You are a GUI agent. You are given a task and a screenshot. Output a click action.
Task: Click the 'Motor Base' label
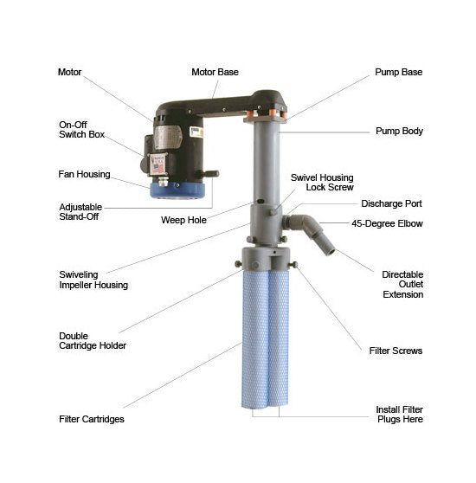point(215,72)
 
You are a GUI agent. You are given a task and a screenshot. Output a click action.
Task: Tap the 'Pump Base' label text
point(398,72)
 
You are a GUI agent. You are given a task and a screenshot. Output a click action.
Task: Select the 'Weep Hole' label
point(183,220)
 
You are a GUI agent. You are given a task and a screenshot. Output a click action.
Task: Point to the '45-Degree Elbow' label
point(387,223)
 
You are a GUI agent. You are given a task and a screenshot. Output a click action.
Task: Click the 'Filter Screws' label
point(396,351)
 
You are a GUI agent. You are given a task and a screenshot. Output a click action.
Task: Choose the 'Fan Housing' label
point(84,174)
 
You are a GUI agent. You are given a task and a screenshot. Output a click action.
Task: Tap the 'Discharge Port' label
point(391,203)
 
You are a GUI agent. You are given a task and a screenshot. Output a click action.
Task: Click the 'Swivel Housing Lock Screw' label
point(322,183)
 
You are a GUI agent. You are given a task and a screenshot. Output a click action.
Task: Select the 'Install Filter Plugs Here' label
point(399,415)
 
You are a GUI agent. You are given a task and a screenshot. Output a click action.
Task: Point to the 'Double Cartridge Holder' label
point(93,341)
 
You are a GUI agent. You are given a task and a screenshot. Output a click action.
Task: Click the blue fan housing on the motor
point(177,191)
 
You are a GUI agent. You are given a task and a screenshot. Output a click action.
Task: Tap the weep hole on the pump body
point(261,201)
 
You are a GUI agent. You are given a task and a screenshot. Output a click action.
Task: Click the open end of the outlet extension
point(331,252)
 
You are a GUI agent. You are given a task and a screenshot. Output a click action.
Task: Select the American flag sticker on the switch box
point(158,168)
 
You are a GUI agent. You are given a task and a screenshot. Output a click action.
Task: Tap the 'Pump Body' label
point(399,132)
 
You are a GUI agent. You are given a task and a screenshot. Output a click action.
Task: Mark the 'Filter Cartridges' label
point(92,419)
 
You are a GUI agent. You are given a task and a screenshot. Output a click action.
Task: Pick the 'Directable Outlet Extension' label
point(402,284)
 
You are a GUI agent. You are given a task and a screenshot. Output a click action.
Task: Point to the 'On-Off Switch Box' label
point(81,129)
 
